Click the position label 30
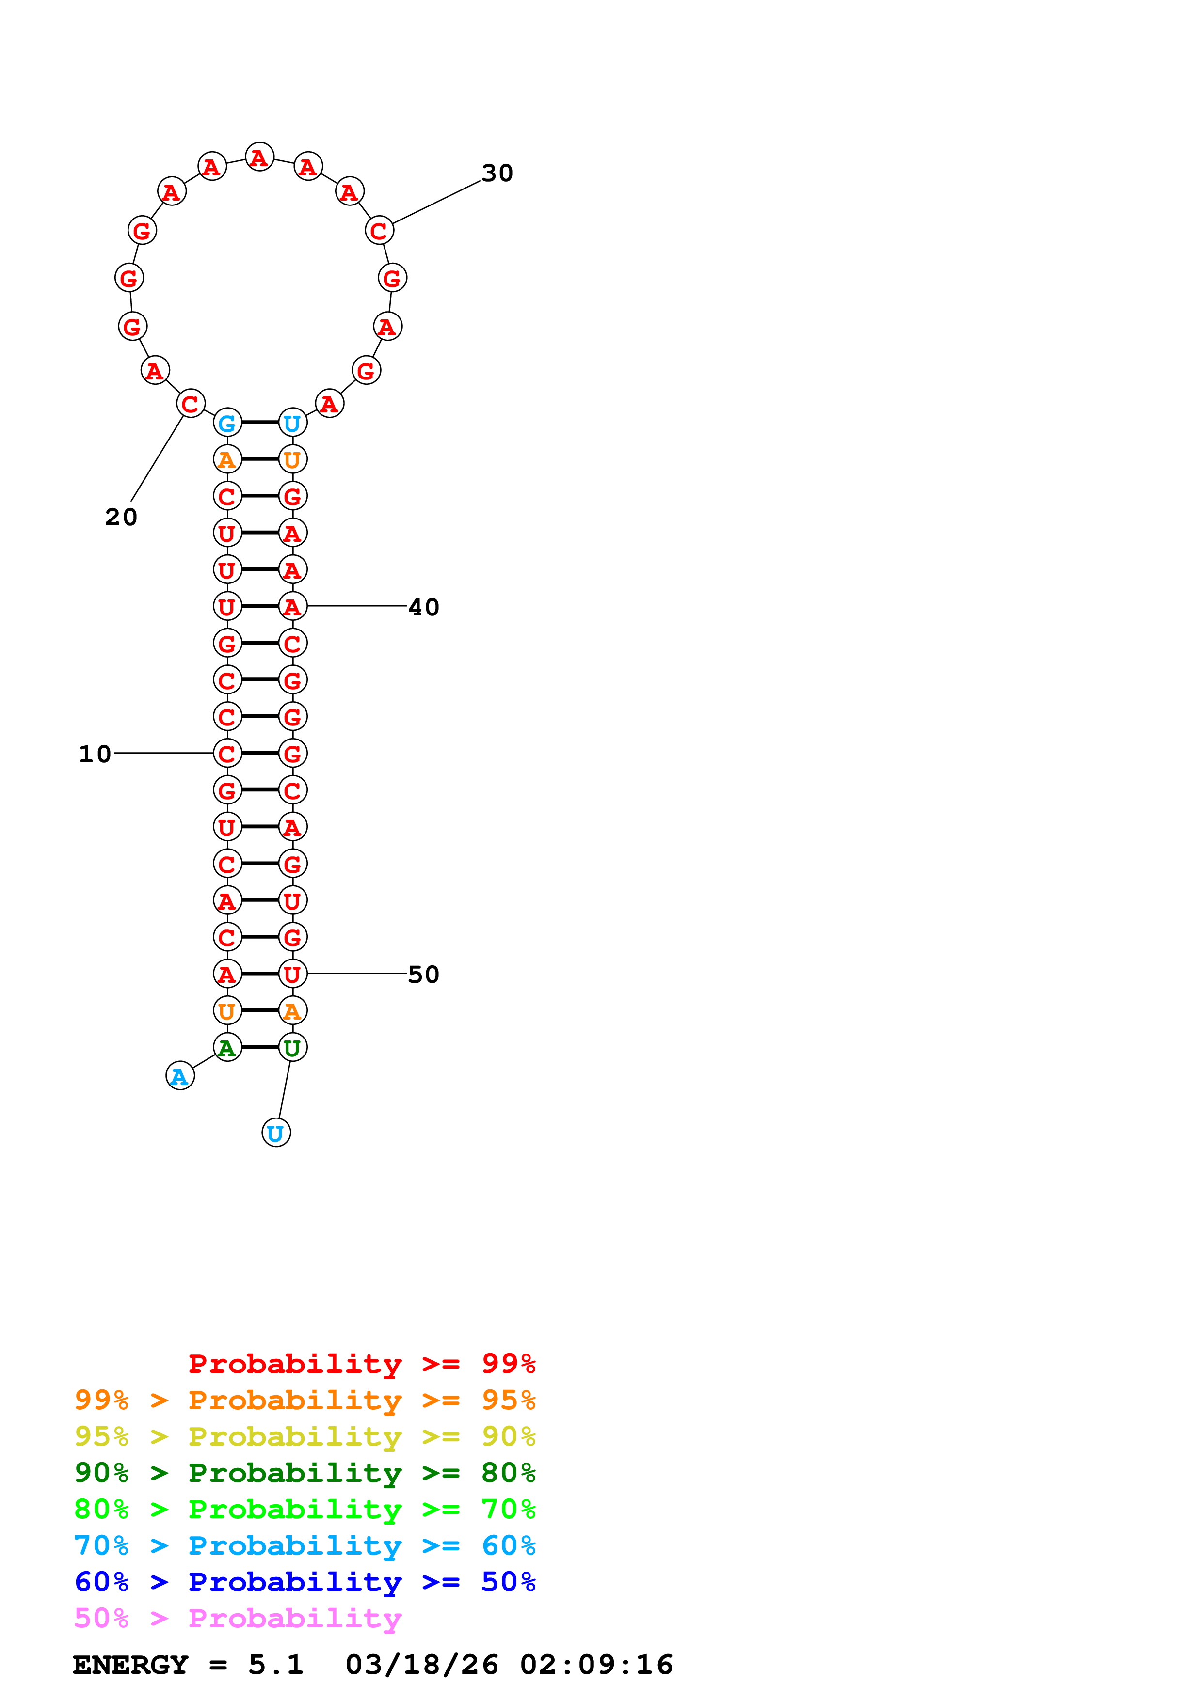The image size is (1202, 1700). pos(497,173)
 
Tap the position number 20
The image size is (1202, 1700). pos(121,517)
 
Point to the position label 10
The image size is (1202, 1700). pos(95,754)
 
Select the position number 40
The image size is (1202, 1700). pos(424,607)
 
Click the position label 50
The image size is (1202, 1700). pos(424,975)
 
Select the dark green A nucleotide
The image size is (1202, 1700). pos(227,1048)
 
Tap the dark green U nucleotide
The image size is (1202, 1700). pos(292,1048)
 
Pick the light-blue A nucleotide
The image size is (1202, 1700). pos(180,1077)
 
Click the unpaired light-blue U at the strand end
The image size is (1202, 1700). pos(276,1133)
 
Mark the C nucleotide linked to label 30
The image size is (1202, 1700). pos(379,231)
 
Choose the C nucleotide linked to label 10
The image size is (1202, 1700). pos(227,754)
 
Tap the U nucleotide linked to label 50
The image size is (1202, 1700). pos(292,975)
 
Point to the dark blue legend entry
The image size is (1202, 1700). pos(305,1582)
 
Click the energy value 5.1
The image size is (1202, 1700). pos(275,1665)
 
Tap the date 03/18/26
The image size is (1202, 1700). pos(421,1665)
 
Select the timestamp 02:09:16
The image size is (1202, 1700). pos(596,1665)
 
